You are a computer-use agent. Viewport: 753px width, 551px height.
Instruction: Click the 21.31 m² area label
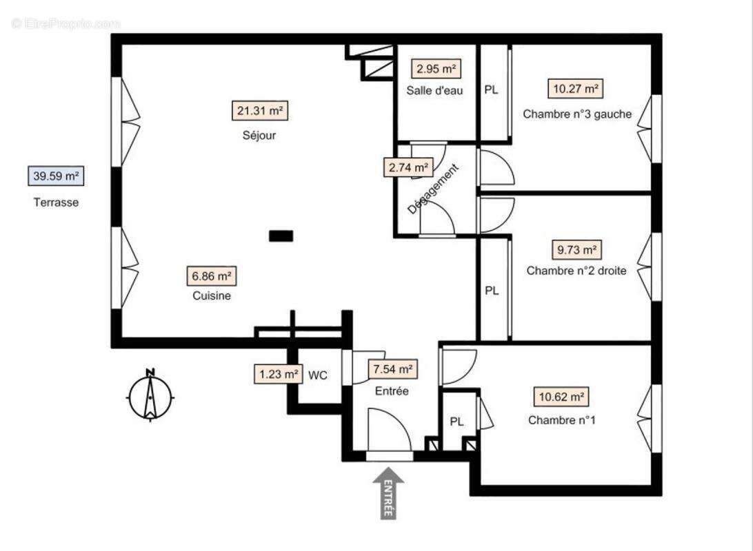[x=259, y=110]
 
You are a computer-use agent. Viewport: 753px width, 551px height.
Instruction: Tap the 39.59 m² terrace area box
[x=56, y=176]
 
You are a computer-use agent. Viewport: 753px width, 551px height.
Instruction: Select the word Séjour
[x=259, y=136]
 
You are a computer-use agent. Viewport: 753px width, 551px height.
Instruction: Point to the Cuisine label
[x=212, y=296]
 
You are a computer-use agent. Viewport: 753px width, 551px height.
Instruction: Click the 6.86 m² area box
[x=212, y=276]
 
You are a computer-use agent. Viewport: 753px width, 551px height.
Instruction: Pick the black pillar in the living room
[x=281, y=236]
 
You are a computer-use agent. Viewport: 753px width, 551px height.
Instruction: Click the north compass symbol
[x=150, y=395]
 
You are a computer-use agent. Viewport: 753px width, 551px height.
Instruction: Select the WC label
[x=317, y=375]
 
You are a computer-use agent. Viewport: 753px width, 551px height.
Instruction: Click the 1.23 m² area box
[x=279, y=374]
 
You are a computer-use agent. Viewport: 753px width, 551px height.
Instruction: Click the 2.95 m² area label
[x=436, y=69]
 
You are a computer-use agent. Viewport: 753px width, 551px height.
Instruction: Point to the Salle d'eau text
[x=434, y=90]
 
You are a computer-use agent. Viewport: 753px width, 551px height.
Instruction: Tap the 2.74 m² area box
[x=408, y=167]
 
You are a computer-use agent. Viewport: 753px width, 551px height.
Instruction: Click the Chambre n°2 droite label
[x=576, y=271]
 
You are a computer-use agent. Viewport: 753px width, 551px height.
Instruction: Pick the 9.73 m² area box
[x=576, y=249]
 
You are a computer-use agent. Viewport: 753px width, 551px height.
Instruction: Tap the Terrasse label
[x=56, y=202]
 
